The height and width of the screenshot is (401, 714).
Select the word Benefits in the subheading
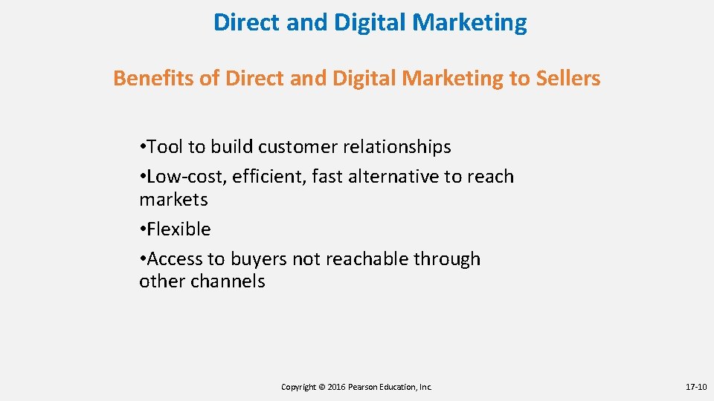pos(153,78)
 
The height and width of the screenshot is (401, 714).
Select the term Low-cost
pos(187,177)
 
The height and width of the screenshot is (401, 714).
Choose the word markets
pos(173,200)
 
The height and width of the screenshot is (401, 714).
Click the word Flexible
pos(179,229)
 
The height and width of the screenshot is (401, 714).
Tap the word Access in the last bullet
pos(177,259)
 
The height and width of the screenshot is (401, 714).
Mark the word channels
pos(230,281)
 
